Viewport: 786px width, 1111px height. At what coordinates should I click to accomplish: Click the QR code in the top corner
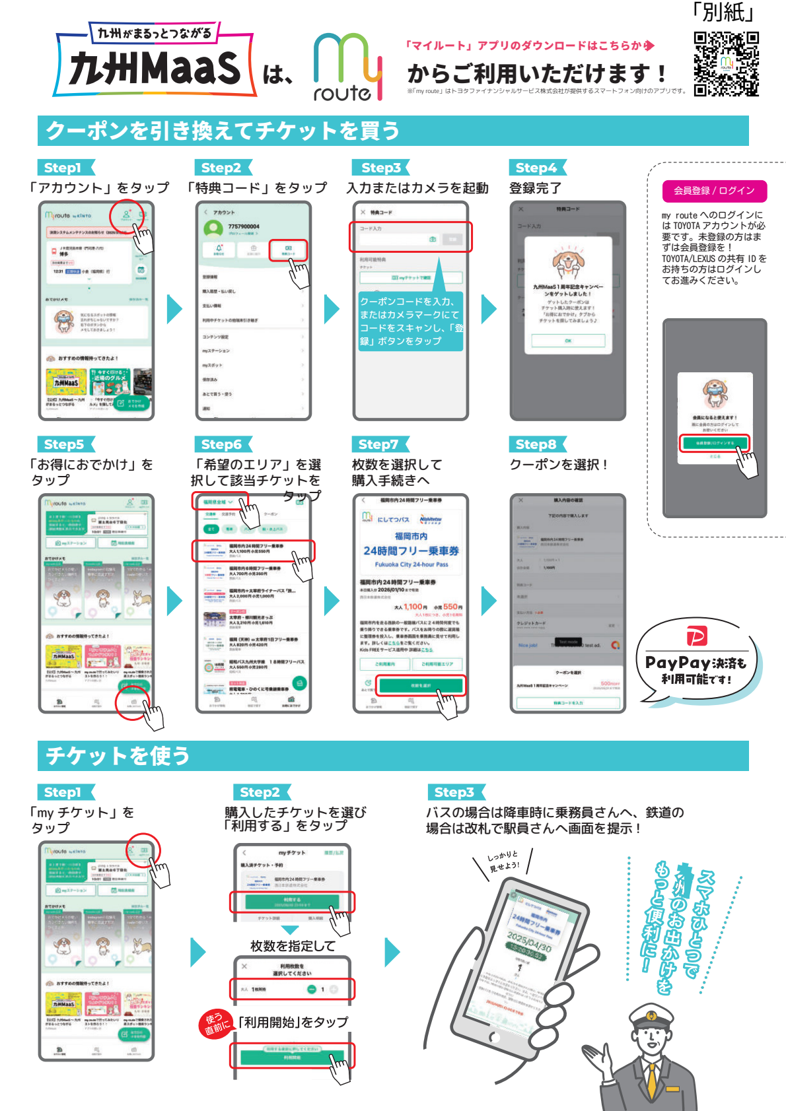[726, 64]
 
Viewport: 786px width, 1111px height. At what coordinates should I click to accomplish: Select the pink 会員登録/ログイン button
[714, 191]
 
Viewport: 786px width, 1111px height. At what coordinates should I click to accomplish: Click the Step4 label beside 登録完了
[536, 168]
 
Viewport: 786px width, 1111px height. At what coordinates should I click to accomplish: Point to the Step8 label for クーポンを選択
[536, 444]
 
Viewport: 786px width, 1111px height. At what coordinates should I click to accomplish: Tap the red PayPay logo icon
[697, 636]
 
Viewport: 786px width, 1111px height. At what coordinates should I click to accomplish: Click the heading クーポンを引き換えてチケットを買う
[223, 131]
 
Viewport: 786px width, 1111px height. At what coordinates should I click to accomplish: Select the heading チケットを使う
[118, 756]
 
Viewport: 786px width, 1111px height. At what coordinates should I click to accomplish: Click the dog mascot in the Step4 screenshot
[568, 262]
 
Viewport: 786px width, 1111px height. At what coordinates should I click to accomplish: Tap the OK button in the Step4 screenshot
[568, 341]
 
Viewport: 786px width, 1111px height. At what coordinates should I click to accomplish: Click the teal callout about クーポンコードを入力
[411, 321]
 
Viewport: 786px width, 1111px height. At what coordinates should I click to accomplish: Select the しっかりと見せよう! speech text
[504, 861]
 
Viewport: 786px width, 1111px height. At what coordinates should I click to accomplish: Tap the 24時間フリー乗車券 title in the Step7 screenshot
[411, 551]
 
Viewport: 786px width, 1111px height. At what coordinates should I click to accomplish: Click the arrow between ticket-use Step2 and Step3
[392, 952]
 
